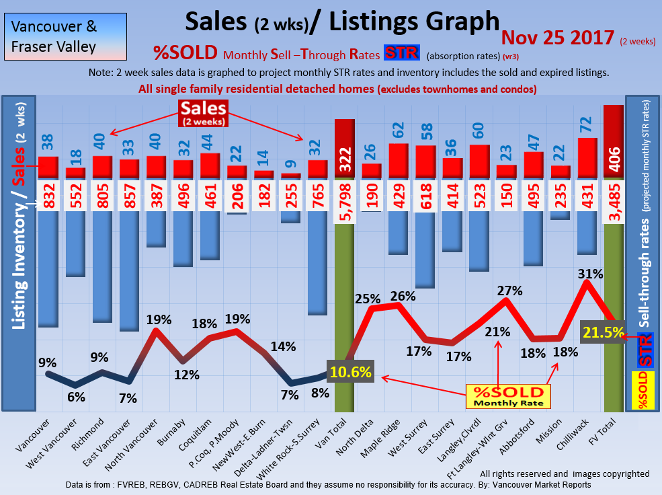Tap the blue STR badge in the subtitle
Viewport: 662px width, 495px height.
(x=401, y=53)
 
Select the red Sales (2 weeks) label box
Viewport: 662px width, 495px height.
(x=203, y=113)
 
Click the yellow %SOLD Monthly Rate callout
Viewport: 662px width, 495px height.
(x=508, y=396)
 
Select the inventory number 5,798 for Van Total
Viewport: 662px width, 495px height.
(x=344, y=196)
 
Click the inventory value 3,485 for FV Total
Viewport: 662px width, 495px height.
(x=614, y=196)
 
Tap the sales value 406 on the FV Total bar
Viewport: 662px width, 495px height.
(x=614, y=159)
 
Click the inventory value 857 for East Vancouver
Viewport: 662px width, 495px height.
(x=129, y=196)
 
